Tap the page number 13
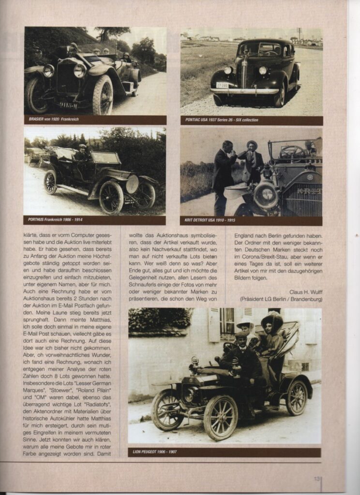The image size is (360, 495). coord(317,479)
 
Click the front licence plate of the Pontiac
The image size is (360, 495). coord(222,85)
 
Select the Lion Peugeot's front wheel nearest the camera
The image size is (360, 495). coord(220,417)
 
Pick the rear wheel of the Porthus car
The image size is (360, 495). coord(50,182)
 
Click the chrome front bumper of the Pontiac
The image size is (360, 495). coord(245,90)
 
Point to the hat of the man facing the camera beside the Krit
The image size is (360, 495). coord(252,144)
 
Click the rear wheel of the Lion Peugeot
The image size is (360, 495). coord(296,397)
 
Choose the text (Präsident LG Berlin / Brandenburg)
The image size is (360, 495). coord(281,299)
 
